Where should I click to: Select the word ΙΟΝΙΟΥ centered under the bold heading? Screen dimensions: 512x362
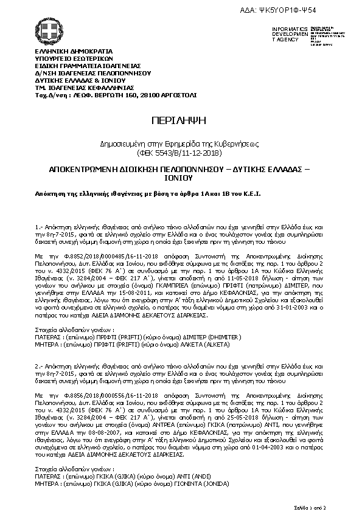[180, 179]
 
